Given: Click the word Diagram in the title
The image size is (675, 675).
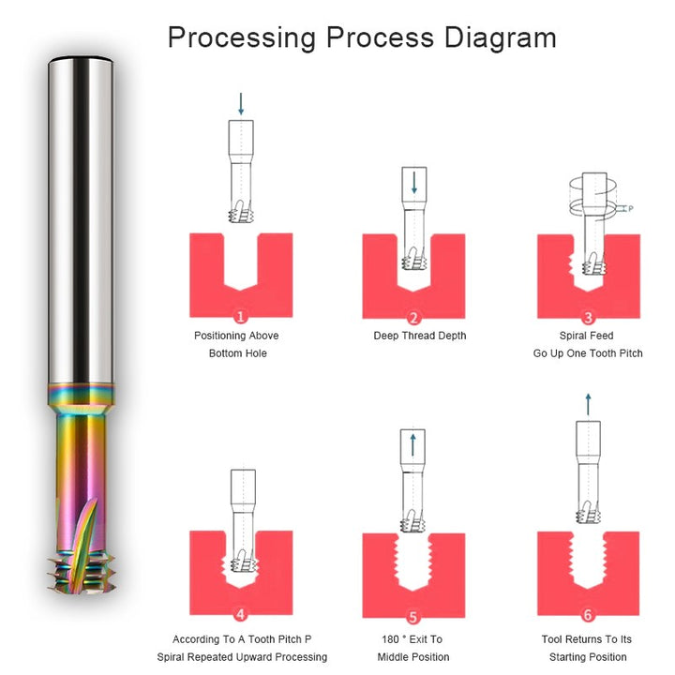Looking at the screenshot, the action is point(501,37).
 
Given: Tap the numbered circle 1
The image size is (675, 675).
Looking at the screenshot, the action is point(241,317).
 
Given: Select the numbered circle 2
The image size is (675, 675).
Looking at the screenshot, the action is point(413,318).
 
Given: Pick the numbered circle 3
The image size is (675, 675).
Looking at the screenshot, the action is point(588,317).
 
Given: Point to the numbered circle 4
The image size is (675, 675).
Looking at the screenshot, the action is point(241,614).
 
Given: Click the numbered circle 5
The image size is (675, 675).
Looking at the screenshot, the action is point(412,617).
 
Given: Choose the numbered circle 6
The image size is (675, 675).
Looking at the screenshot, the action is point(588,615).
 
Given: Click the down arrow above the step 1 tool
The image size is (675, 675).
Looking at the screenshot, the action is point(241,104).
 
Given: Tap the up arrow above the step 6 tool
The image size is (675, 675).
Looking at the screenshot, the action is point(588,404).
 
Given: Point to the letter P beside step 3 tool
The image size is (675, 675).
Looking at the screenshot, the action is point(631,209).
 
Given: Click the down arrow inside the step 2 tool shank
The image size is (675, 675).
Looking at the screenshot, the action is point(414,183).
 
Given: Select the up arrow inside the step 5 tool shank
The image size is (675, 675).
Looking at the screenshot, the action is point(413,444).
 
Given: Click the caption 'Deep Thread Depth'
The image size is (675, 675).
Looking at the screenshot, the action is point(420,336).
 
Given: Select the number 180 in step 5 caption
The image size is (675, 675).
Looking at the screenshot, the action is point(390,639).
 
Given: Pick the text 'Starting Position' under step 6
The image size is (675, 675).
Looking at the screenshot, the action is point(588,657).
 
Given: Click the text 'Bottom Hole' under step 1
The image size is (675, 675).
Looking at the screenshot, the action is point(237,353).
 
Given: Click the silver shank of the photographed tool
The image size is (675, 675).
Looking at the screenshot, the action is point(81,219).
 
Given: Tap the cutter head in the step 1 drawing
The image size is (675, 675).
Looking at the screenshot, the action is point(241,212).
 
